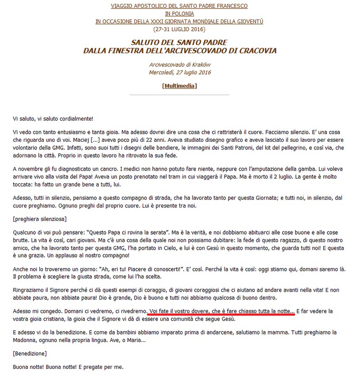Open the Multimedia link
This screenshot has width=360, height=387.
coord(179,85)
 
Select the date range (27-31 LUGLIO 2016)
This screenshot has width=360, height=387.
coord(179,29)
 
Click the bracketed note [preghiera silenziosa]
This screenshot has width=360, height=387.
coord(40,219)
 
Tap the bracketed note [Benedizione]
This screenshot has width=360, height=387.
coord(30,353)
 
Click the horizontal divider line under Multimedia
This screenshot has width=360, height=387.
coord(179,95)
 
